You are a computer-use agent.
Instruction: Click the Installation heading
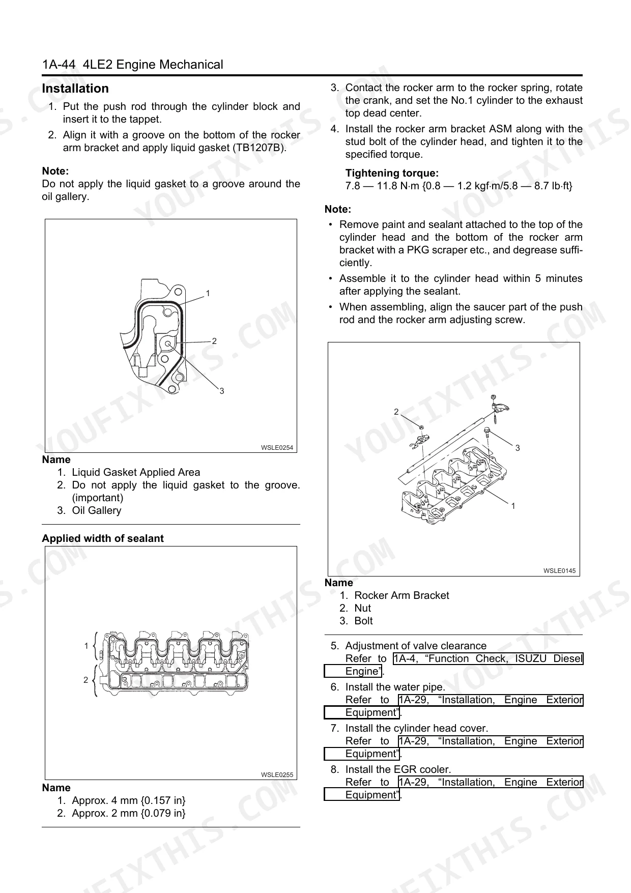click(x=75, y=89)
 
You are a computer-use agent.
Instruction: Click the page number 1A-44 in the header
click(x=59, y=65)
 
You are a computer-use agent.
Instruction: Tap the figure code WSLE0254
click(x=277, y=447)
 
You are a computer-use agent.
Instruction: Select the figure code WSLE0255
click(x=277, y=774)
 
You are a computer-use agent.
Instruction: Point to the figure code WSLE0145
click(x=559, y=570)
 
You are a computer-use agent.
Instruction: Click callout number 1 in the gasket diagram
click(x=208, y=293)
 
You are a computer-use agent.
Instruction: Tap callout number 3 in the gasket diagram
click(x=222, y=391)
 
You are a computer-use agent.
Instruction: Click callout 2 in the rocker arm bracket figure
click(x=396, y=412)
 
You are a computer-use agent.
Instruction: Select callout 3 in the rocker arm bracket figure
click(x=518, y=448)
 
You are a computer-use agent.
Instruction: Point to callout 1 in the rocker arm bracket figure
click(x=513, y=506)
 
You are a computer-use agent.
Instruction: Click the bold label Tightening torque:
click(x=392, y=173)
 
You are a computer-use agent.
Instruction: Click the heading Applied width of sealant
click(x=103, y=538)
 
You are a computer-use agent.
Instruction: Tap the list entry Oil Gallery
click(x=96, y=510)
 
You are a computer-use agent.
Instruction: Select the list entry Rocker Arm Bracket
click(x=401, y=595)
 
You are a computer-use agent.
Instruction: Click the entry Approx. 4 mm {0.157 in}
click(x=128, y=800)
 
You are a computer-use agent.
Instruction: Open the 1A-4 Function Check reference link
click(x=488, y=659)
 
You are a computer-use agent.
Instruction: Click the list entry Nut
click(x=362, y=608)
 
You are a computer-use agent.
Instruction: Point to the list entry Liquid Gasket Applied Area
click(x=136, y=472)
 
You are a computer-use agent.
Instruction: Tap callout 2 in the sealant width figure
click(x=85, y=680)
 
